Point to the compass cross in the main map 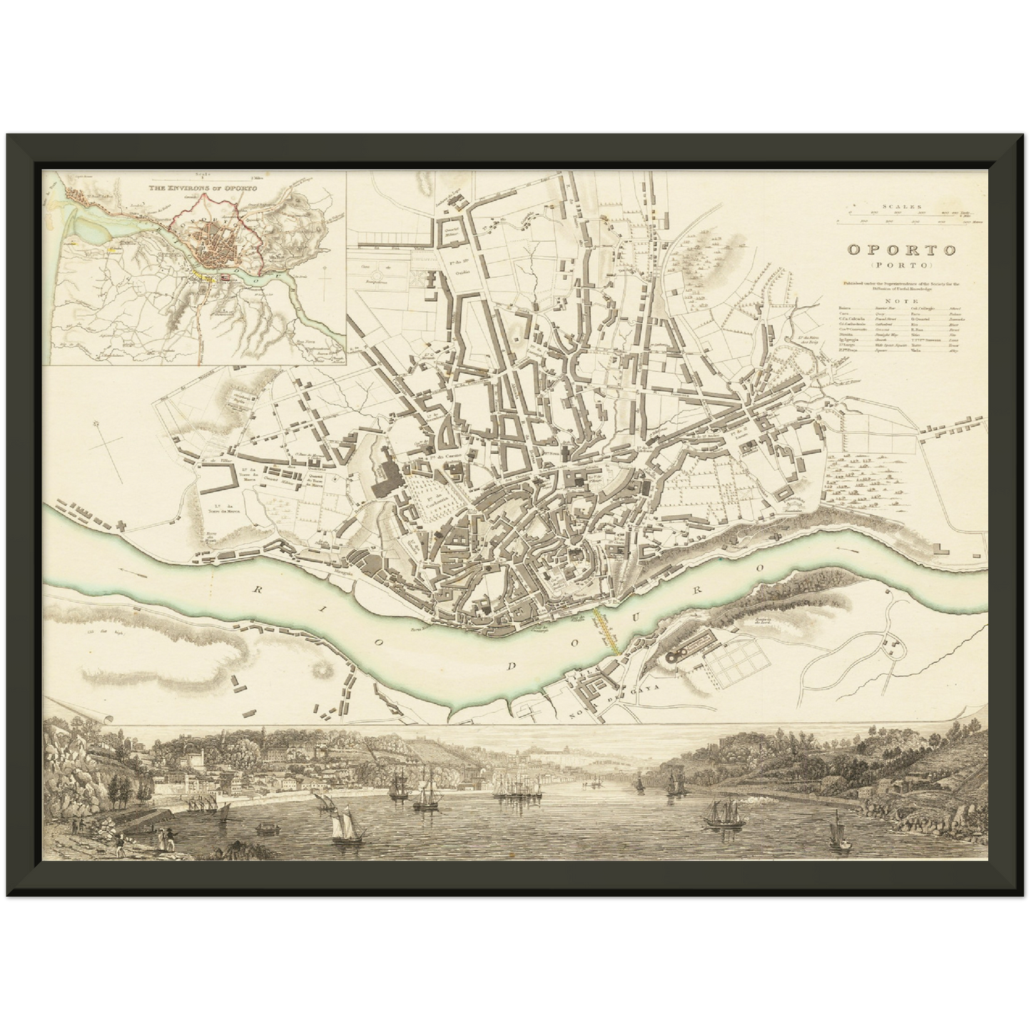tap(106, 445)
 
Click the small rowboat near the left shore tap(265, 828)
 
